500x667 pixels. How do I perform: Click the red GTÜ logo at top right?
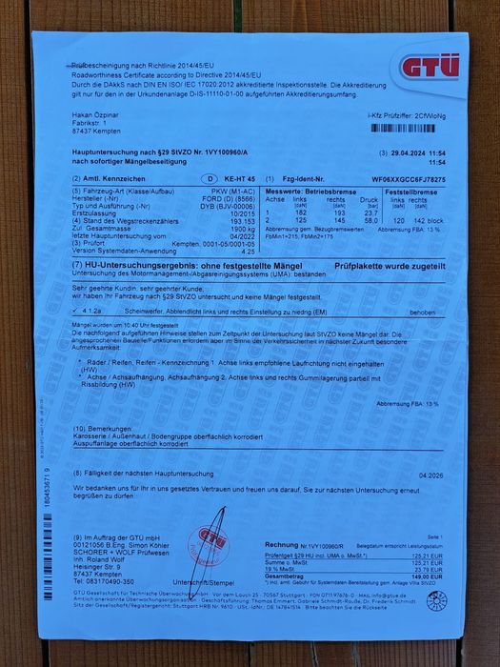pos(430,67)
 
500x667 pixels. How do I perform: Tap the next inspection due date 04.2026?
pos(432,474)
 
